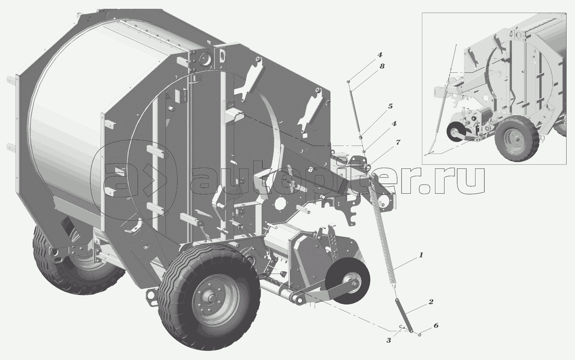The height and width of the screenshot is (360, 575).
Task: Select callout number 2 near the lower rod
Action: tap(430, 302)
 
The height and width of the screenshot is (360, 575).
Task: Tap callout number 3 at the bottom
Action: tap(389, 341)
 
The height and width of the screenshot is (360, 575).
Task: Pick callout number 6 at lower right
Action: tap(436, 326)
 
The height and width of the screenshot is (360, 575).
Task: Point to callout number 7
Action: tap(398, 142)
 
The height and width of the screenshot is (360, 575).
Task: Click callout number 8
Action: tap(382, 66)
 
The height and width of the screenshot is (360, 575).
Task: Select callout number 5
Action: tap(390, 106)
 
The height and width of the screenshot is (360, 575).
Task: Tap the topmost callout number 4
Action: tap(380, 54)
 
